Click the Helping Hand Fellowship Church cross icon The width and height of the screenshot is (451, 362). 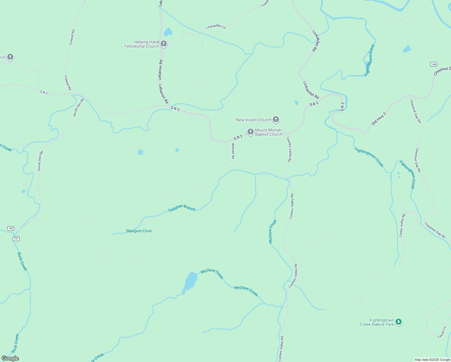point(164,44)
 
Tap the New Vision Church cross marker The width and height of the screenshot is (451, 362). point(276,119)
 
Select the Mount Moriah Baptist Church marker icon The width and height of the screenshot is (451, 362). point(250,132)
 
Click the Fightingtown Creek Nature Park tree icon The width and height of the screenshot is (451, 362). point(399,322)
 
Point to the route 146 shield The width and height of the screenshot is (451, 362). point(434,64)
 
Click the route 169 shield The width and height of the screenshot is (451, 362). point(11,228)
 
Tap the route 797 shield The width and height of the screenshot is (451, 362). point(16,239)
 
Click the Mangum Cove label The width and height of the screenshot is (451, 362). point(139,231)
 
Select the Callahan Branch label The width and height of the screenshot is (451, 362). point(182,208)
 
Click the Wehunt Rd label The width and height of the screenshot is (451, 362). point(233,151)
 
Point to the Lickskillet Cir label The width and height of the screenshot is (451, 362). point(216,27)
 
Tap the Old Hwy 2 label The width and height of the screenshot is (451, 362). point(379,119)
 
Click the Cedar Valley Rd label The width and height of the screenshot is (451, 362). point(402,225)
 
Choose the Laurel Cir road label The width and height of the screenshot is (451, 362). point(442,332)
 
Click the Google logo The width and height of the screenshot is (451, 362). point(10,358)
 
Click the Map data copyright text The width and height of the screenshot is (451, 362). point(432,360)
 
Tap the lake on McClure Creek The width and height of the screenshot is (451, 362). point(190,281)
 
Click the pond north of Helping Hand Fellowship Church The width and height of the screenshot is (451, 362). point(168,32)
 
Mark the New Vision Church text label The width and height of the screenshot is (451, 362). point(254,120)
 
